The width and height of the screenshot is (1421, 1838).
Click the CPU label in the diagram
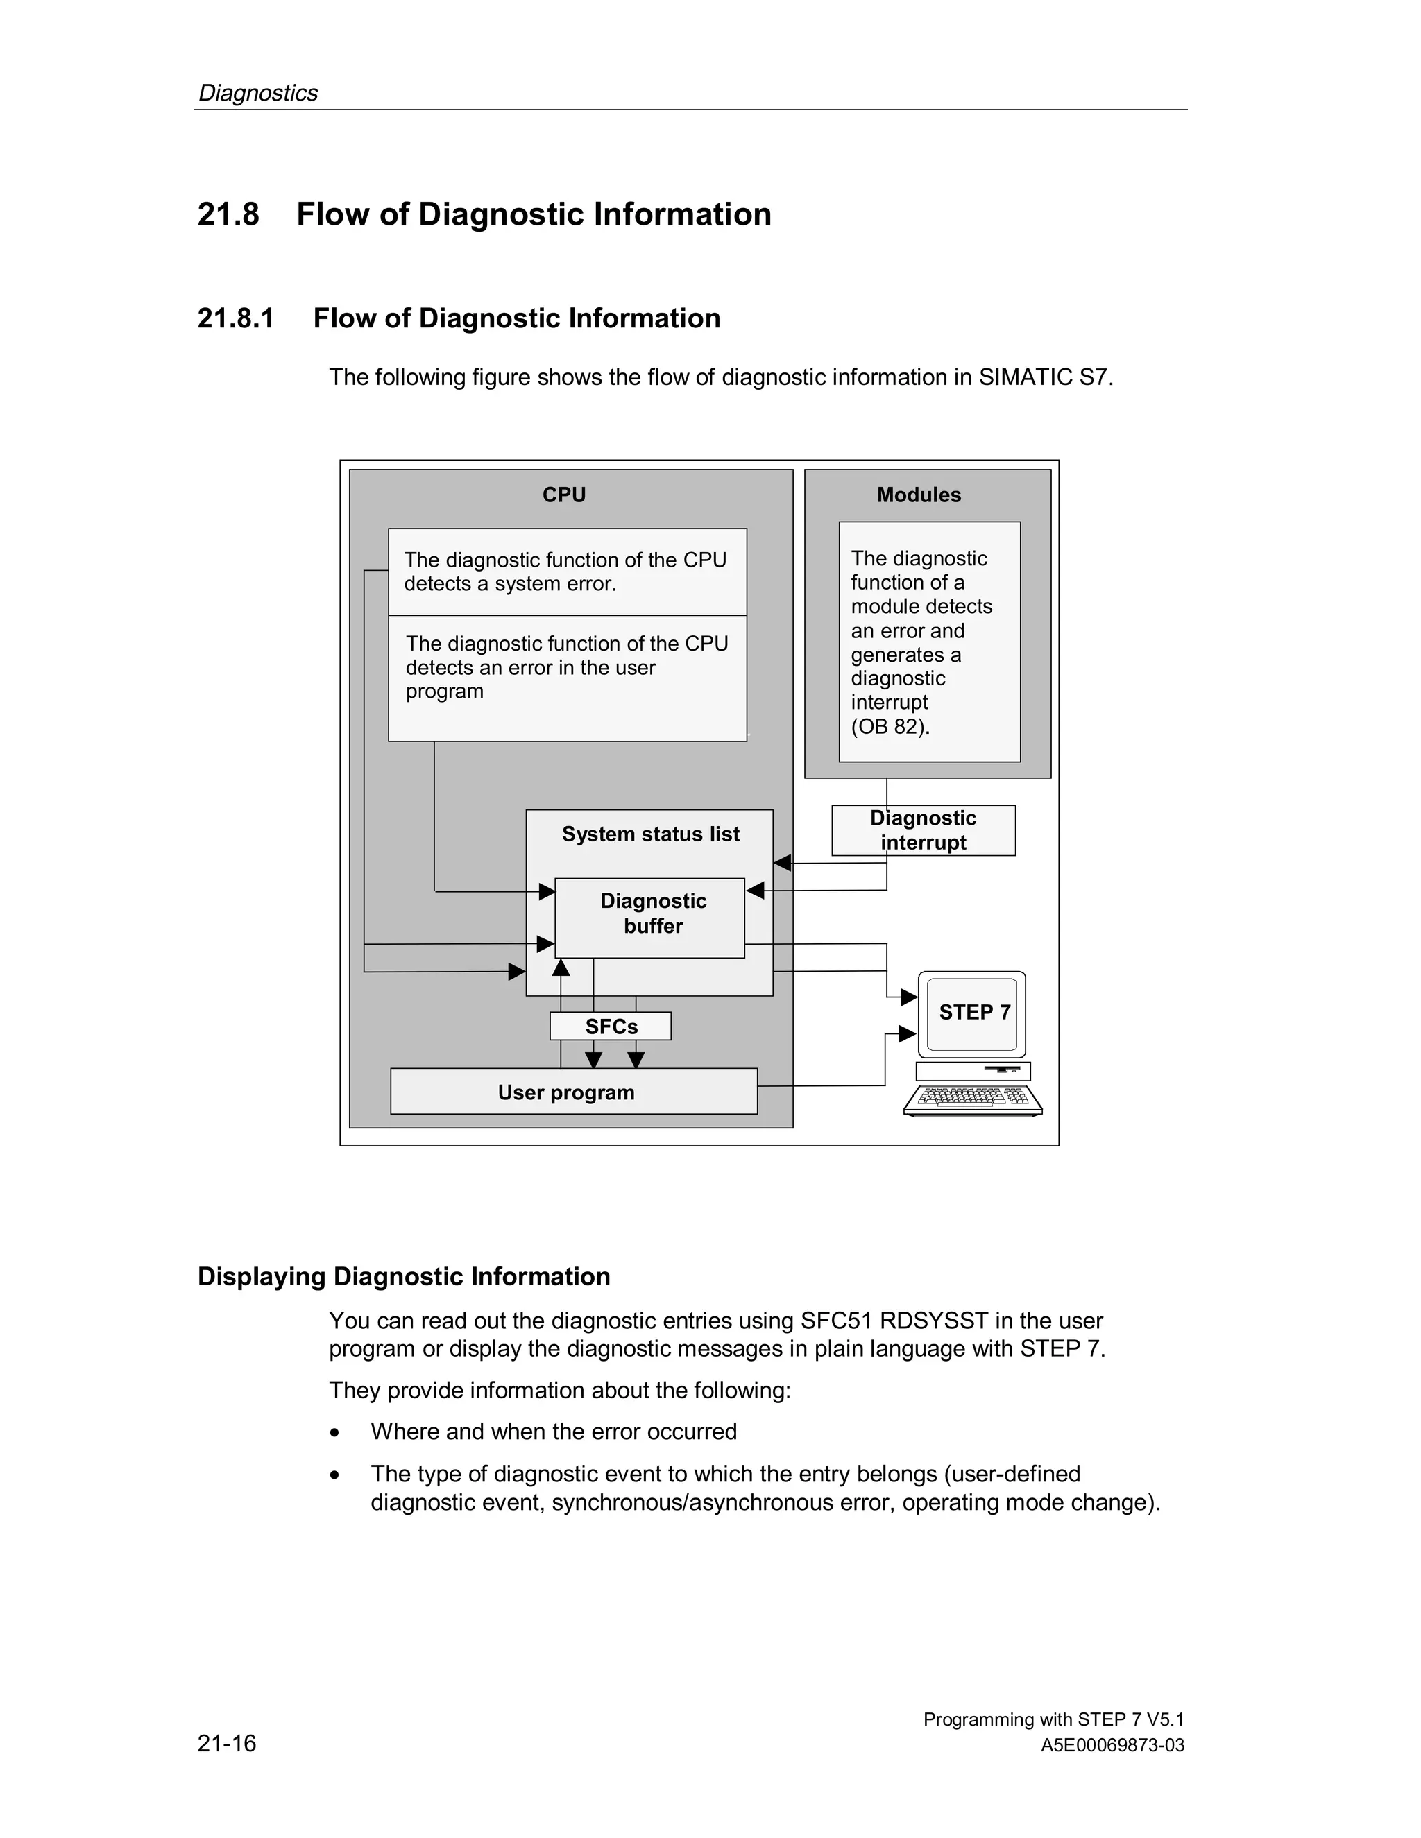click(x=563, y=495)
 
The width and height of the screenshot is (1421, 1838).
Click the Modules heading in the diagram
click(x=919, y=495)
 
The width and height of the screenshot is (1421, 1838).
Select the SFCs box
click(x=611, y=1026)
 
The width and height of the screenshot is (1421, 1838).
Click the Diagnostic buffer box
click(x=652, y=914)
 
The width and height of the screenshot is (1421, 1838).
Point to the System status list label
click(x=650, y=834)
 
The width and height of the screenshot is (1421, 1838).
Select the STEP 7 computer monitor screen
click(x=972, y=1013)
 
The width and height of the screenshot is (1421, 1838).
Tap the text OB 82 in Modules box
click(x=889, y=726)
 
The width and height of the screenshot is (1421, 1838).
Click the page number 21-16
click(x=226, y=1743)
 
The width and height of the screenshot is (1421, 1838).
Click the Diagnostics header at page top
click(x=257, y=92)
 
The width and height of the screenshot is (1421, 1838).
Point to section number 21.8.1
click(x=236, y=318)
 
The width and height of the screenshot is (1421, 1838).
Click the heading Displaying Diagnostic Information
click(x=403, y=1277)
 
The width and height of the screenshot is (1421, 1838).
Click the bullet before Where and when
click(x=335, y=1432)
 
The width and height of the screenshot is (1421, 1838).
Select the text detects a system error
click(x=510, y=584)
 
